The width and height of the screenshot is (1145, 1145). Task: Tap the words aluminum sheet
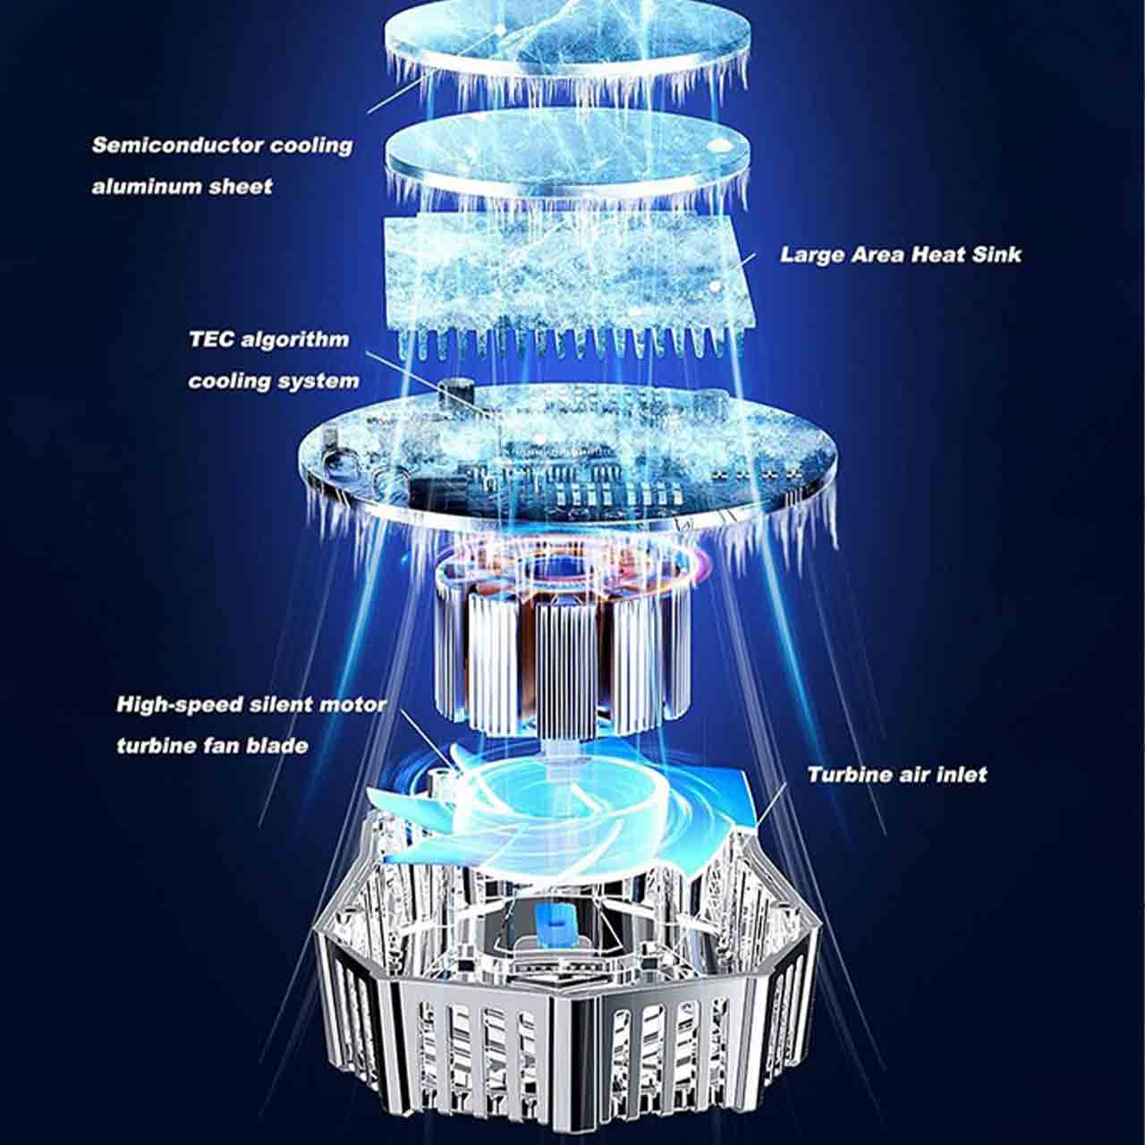[182, 187]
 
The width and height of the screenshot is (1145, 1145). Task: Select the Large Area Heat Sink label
[900, 255]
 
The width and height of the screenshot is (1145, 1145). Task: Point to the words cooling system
[274, 381]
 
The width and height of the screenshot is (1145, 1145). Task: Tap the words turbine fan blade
[213, 746]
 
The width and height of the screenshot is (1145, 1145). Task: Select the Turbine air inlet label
[897, 775]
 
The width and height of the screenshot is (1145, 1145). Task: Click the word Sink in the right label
[997, 255]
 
